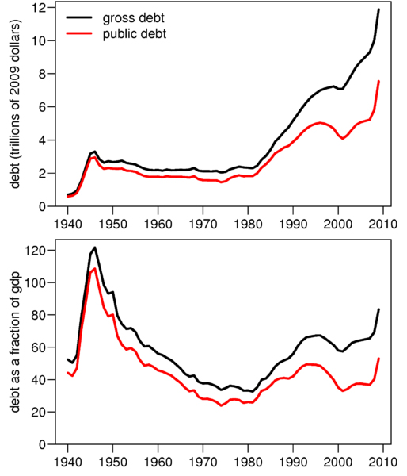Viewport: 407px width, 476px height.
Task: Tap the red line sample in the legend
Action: coord(82,34)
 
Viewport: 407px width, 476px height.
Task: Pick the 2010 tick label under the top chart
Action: coord(386,222)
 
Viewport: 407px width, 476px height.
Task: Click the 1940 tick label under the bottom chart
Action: coord(67,460)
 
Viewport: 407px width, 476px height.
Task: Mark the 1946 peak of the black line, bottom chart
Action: coord(95,248)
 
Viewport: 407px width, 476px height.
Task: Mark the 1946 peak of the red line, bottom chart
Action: coord(95,269)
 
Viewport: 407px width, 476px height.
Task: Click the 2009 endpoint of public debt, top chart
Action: coord(379,81)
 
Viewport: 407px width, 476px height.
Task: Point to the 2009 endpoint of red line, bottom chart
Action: coord(379,359)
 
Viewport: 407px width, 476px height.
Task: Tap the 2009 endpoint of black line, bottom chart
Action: coord(379,309)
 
